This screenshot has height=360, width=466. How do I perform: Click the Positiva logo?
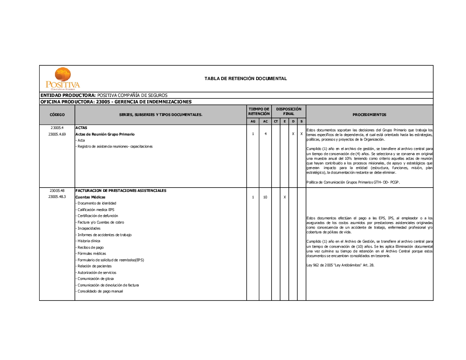pyautogui.click(x=62, y=79)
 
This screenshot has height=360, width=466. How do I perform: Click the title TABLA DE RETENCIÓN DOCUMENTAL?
pyautogui.click(x=246, y=78)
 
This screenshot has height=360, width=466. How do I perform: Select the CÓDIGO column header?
pyautogui.click(x=57, y=115)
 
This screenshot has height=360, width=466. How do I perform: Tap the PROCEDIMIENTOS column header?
pyautogui.click(x=369, y=115)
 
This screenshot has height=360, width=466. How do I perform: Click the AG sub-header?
pyautogui.click(x=253, y=122)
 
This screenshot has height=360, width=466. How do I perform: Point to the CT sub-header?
pyautogui.click(x=276, y=122)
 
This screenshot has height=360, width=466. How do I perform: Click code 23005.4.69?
pyautogui.click(x=57, y=134)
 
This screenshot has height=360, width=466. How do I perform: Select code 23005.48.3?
pyautogui.click(x=57, y=197)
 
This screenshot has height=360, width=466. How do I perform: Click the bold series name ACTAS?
pyautogui.click(x=81, y=128)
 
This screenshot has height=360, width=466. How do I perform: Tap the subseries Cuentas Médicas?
pyautogui.click(x=90, y=197)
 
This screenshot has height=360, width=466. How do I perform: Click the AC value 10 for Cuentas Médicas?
pyautogui.click(x=265, y=197)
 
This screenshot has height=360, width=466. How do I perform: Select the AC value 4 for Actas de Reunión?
pyautogui.click(x=265, y=134)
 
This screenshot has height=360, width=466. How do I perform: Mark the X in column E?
pyautogui.click(x=285, y=197)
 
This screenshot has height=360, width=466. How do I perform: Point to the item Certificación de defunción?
pyautogui.click(x=98, y=216)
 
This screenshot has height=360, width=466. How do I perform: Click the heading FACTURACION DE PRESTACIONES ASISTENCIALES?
pyautogui.click(x=121, y=190)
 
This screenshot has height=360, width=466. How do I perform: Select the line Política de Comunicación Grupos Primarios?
pyautogui.click(x=353, y=182)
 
